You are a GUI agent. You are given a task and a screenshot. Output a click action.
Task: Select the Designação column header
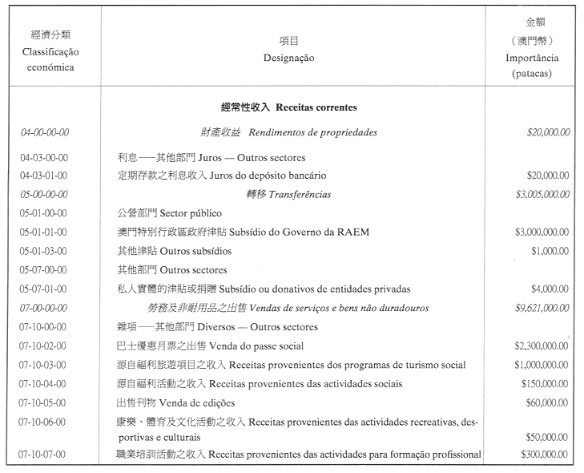click(x=288, y=58)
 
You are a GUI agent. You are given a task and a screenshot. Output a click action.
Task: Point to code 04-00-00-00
click(x=44, y=132)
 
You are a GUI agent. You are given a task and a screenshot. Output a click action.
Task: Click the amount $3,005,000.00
click(x=542, y=194)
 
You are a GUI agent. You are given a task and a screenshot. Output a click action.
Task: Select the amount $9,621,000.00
click(x=542, y=308)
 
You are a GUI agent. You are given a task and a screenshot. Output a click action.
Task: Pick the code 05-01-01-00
click(x=43, y=232)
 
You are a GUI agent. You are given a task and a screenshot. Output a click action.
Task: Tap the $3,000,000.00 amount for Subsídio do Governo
click(x=542, y=232)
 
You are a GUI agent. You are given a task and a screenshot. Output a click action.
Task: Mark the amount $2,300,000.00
click(x=542, y=346)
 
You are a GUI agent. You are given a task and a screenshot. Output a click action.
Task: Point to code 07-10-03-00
click(x=43, y=365)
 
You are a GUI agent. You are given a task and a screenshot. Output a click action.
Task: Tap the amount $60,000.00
click(x=547, y=403)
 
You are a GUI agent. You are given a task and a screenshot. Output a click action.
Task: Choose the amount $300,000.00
click(x=545, y=455)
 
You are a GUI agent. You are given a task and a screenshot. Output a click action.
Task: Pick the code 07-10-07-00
click(x=43, y=455)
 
